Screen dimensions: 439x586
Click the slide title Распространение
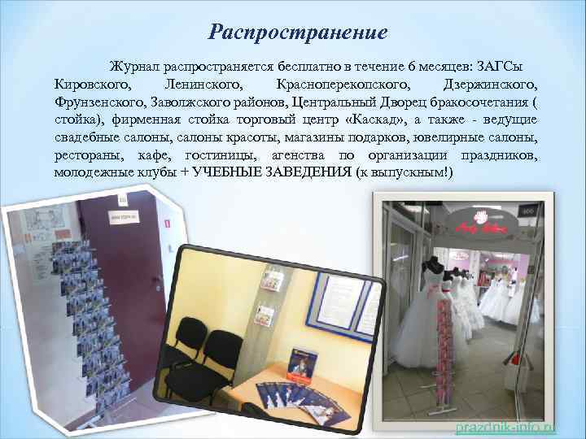[x=297, y=33]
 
